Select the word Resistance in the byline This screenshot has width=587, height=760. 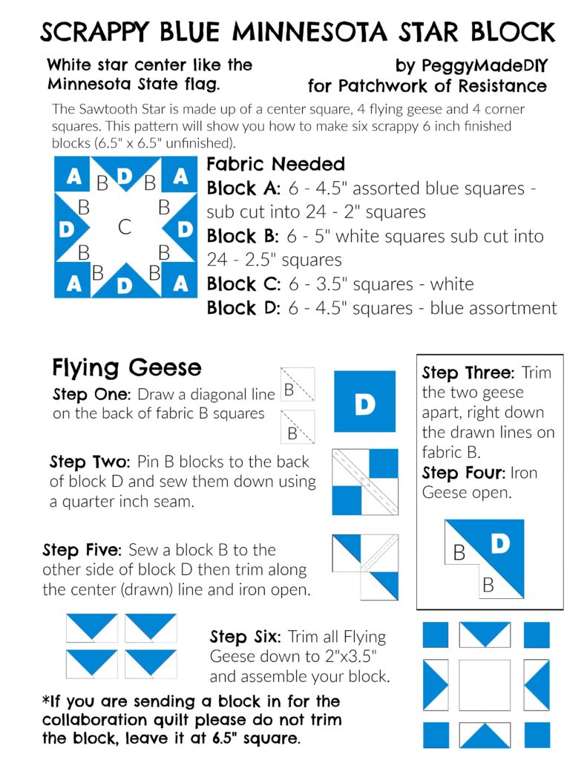point(491,85)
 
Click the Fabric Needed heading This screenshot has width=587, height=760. point(275,164)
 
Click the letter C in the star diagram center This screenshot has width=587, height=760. point(125,227)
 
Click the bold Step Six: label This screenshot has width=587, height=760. point(245,637)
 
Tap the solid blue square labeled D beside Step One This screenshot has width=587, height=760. point(364,402)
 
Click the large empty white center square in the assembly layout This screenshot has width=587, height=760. point(485,684)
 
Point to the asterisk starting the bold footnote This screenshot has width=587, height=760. point(46,701)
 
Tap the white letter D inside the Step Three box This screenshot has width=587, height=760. point(501,544)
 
